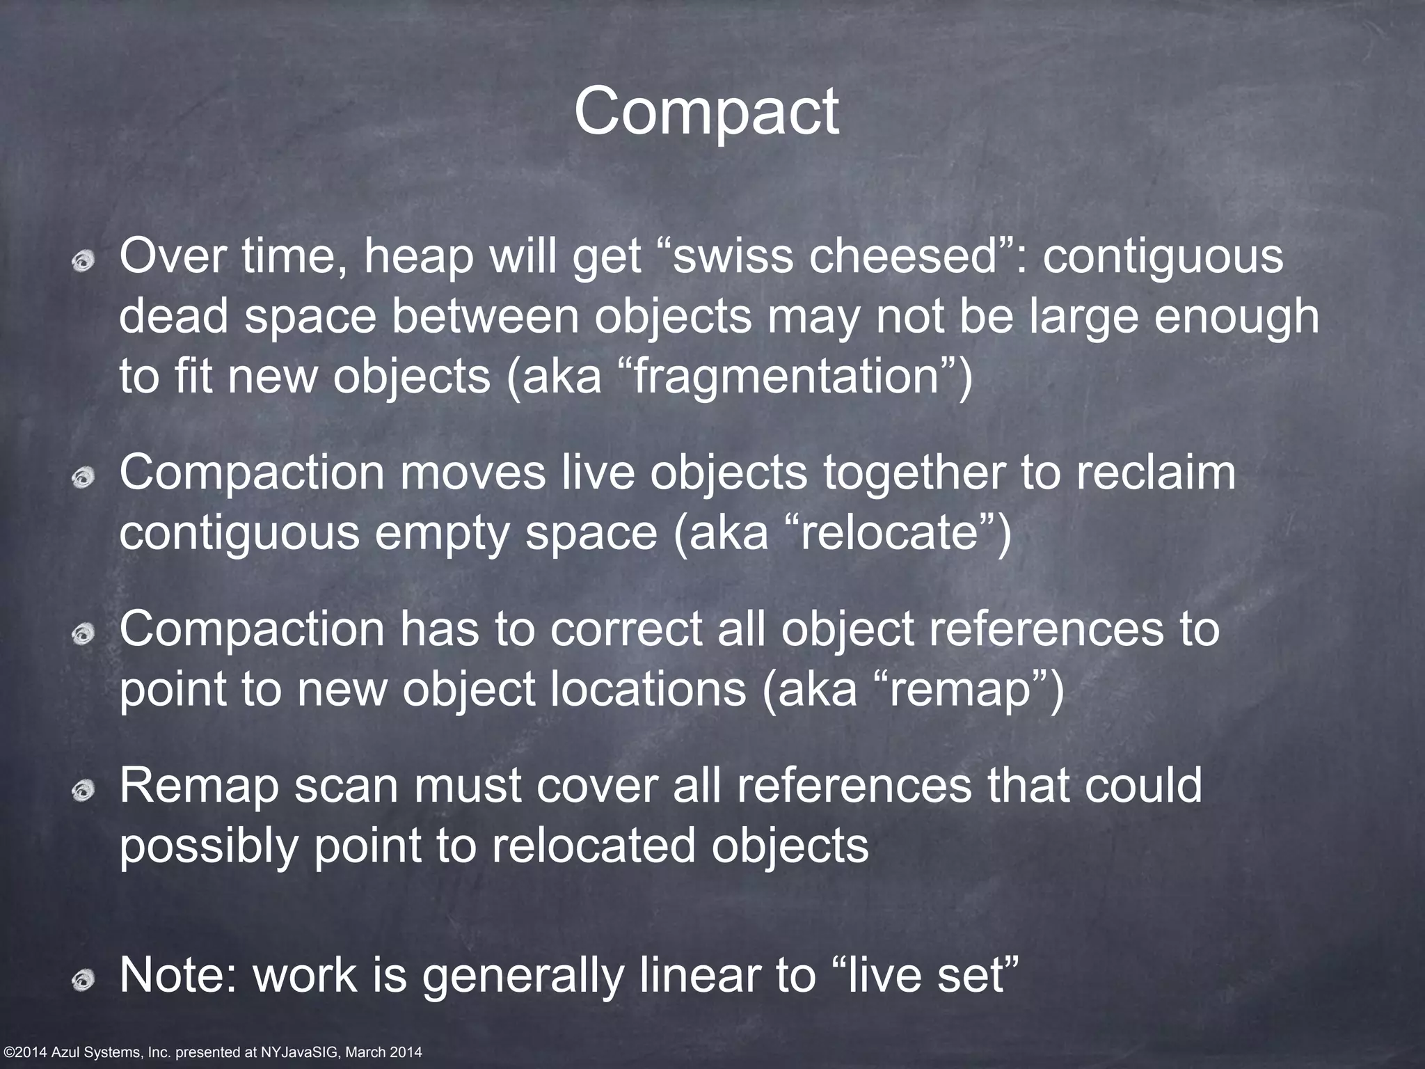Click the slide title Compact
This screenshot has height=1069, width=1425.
[706, 113]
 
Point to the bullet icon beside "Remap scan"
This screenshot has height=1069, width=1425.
[84, 789]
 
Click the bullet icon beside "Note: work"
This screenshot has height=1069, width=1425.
[84, 979]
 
